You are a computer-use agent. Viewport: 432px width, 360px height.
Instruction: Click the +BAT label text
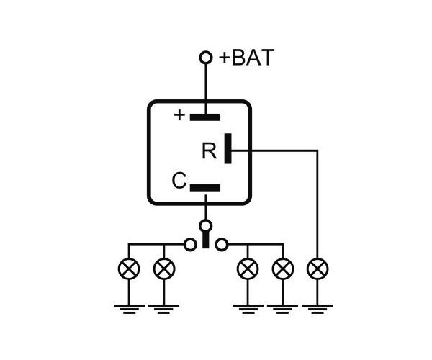point(246,58)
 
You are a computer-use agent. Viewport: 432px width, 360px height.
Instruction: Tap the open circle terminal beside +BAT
point(206,58)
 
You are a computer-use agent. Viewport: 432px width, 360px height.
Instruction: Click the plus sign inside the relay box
point(179,115)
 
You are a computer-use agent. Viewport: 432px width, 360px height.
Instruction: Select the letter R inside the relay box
point(209,150)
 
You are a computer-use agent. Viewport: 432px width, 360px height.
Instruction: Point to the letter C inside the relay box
point(179,181)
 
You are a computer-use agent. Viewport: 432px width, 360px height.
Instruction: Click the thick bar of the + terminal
point(205,117)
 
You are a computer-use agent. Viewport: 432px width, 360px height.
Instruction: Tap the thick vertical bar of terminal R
point(228,149)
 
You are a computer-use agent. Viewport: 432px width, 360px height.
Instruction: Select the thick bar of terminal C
point(205,188)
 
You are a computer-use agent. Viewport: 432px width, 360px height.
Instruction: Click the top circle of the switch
point(205,226)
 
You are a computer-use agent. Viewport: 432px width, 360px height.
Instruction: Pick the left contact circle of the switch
point(190,244)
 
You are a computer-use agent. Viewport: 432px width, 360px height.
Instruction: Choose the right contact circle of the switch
point(222,244)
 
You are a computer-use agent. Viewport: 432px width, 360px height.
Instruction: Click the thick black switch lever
point(205,240)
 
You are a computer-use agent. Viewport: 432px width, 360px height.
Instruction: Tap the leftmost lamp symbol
point(129,269)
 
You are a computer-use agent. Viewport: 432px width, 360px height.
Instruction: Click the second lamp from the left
point(164,269)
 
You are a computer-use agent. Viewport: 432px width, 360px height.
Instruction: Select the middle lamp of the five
point(248,269)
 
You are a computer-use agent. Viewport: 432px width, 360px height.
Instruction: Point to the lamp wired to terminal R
point(318,269)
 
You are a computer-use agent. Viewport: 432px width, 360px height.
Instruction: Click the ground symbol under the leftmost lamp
point(129,309)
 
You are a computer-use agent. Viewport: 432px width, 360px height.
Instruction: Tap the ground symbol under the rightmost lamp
point(318,309)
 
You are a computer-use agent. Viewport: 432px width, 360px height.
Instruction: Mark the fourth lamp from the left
point(283,269)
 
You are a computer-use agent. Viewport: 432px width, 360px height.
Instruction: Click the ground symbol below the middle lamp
point(248,309)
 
